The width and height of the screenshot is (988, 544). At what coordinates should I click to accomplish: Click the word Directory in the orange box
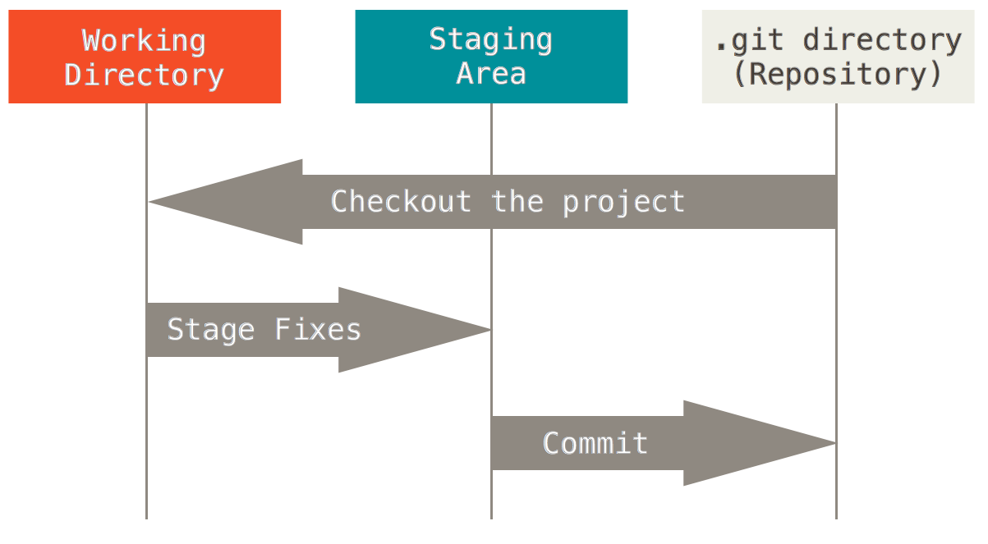pyautogui.click(x=144, y=75)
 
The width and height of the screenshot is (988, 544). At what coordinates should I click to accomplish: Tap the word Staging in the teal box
pyautogui.click(x=490, y=39)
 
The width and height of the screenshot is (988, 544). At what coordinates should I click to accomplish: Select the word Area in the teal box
pyautogui.click(x=490, y=74)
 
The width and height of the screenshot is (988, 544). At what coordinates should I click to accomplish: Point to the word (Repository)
pyautogui.click(x=837, y=74)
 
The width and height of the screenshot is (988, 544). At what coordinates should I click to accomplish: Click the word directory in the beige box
pyautogui.click(x=882, y=39)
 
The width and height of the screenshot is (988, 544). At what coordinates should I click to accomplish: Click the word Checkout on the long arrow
pyautogui.click(x=401, y=202)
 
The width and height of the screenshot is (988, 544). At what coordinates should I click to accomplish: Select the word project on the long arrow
pyautogui.click(x=623, y=202)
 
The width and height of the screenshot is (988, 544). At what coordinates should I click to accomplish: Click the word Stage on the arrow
pyautogui.click(x=211, y=330)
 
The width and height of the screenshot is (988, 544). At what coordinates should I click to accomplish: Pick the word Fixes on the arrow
pyautogui.click(x=318, y=330)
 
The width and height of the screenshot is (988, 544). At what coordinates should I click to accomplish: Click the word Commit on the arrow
pyautogui.click(x=595, y=443)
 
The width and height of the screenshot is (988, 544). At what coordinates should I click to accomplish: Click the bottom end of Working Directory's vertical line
pyautogui.click(x=146, y=517)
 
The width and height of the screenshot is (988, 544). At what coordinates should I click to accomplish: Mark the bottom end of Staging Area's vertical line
pyautogui.click(x=491, y=517)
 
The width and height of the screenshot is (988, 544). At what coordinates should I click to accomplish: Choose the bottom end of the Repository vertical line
pyautogui.click(x=836, y=517)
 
